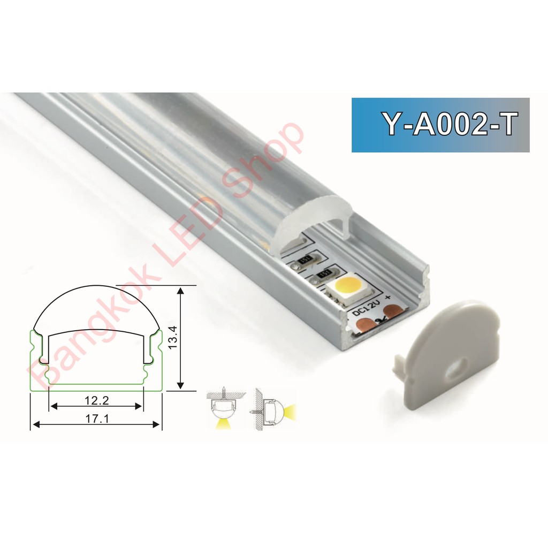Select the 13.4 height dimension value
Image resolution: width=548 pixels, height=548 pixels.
pos(173,338)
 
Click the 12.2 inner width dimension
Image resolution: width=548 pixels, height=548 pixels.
pos(97,400)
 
